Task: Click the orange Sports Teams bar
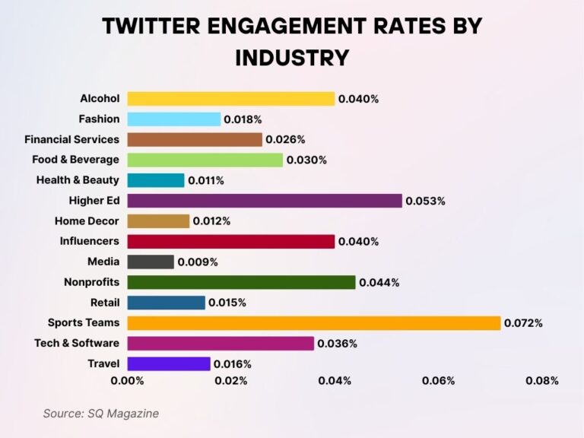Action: tap(313, 323)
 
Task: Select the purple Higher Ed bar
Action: tap(264, 201)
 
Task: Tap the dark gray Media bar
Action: tap(151, 262)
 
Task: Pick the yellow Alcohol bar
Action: tap(230, 99)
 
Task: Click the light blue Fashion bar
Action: tap(173, 119)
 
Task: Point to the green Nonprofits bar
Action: tap(241, 282)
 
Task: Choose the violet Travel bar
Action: tap(168, 364)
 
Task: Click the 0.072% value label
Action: tap(524, 323)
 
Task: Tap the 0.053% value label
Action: tap(425, 201)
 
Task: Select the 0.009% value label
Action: tap(198, 262)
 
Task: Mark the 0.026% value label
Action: tap(285, 140)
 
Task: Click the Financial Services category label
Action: tap(71, 140)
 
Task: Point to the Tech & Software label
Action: tap(77, 344)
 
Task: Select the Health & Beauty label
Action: tap(78, 180)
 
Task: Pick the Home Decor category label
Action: tap(87, 221)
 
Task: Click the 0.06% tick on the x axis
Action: tap(438, 380)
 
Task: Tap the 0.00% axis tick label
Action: tap(127, 380)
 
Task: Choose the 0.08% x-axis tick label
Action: tap(541, 380)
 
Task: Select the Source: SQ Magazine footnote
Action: tap(100, 414)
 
